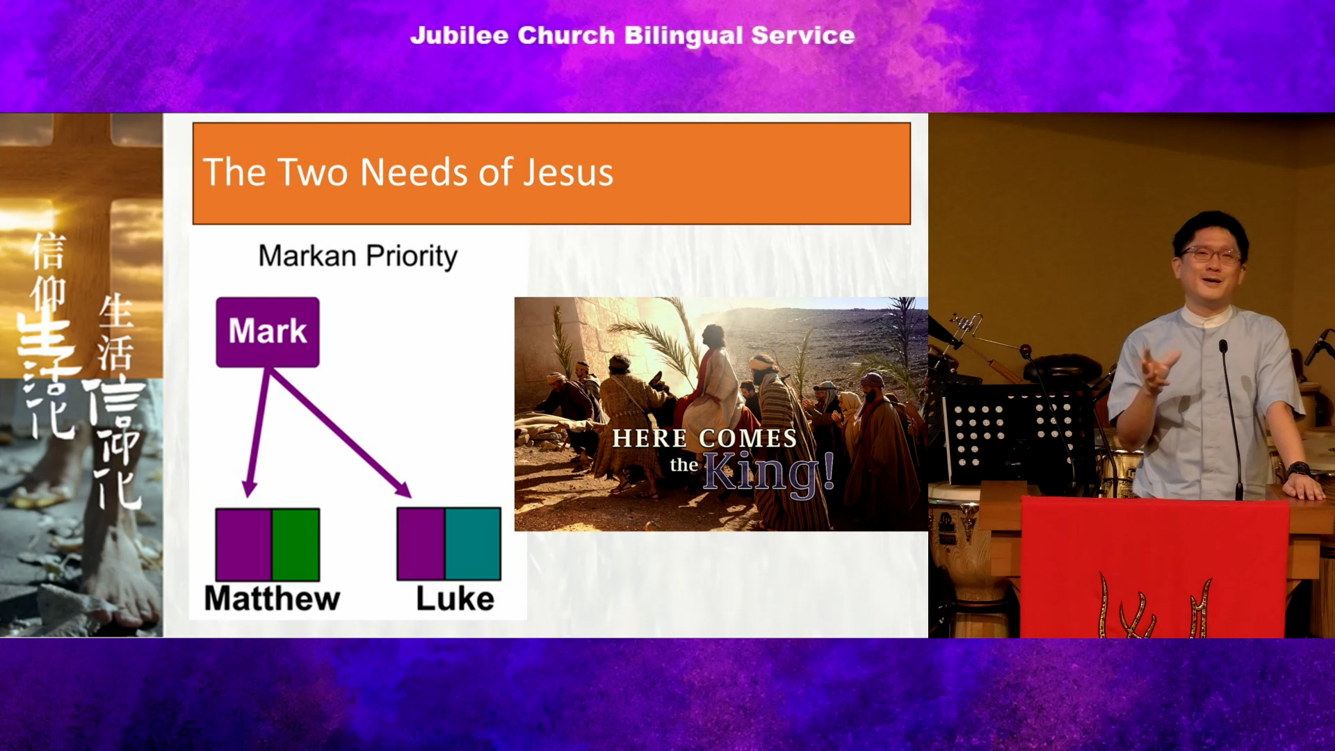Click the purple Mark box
tap(268, 332)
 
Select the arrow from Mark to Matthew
tap(258, 433)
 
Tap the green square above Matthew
tap(296, 544)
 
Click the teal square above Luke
tap(473, 544)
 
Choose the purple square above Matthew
tap(243, 544)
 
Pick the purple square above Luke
tap(421, 544)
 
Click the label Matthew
tap(272, 599)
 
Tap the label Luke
tap(455, 599)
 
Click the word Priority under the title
tap(412, 257)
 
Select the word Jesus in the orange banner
tap(568, 172)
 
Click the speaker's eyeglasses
tap(1211, 255)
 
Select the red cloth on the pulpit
tap(1153, 567)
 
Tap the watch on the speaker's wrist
tap(1297, 470)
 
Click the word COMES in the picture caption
tap(747, 438)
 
